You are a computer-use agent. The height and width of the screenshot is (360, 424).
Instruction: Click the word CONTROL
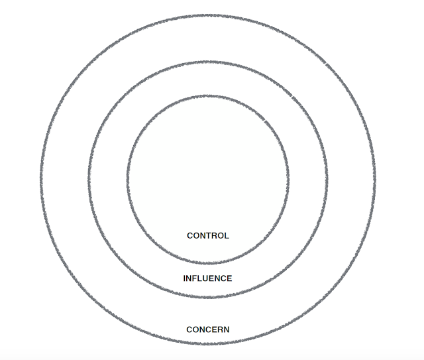point(208,235)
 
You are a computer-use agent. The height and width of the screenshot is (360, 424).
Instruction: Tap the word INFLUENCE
point(208,278)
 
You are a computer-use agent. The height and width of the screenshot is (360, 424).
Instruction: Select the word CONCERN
point(208,330)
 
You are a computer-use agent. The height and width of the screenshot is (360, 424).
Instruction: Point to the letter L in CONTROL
point(227,235)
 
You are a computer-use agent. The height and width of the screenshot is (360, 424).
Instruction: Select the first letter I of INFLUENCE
point(185,278)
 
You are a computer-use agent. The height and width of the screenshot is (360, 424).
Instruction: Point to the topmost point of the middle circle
point(208,62)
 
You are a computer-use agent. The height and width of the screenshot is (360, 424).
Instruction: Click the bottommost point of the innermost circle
point(208,263)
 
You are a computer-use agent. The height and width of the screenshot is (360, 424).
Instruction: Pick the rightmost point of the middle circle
point(328,180)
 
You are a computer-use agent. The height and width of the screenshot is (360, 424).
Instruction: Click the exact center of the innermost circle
point(208,180)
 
